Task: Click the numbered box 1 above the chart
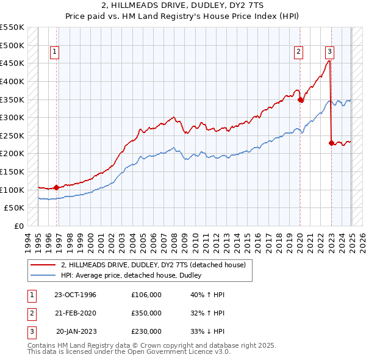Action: pos(55,52)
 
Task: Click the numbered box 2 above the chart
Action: pos(299,52)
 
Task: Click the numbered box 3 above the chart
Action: pos(329,52)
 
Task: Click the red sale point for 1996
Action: pos(56,187)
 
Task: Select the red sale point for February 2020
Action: pos(301,100)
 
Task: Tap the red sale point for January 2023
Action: pos(331,143)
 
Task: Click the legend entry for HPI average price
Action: pos(134,276)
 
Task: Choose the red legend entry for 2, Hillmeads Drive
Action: pos(152,265)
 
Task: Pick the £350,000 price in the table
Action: pos(146,313)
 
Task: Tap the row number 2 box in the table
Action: pos(30,313)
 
